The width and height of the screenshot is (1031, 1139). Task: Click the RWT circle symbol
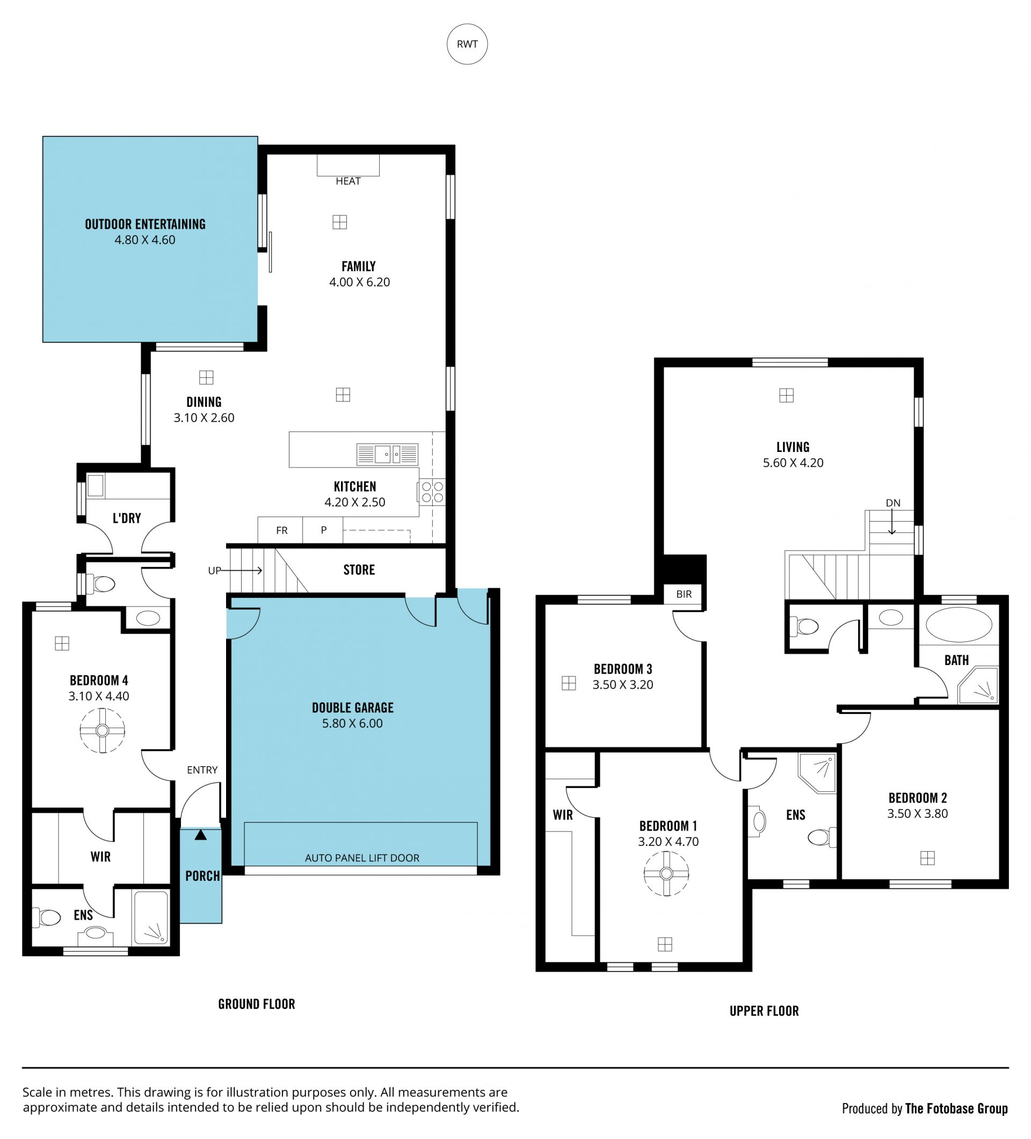click(x=467, y=44)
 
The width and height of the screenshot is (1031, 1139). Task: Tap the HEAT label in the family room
click(x=347, y=181)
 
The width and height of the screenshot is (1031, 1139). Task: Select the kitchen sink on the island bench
click(x=387, y=454)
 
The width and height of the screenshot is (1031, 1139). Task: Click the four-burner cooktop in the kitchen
click(x=432, y=492)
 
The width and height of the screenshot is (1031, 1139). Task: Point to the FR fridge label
click(x=281, y=530)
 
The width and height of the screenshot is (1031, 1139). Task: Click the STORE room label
click(x=359, y=569)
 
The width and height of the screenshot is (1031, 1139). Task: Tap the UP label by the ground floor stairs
click(x=214, y=571)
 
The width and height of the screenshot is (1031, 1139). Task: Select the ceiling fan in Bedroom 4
click(x=103, y=731)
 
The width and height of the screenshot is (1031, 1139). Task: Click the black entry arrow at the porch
click(x=201, y=835)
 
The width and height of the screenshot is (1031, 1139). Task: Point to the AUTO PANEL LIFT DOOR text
click(x=362, y=858)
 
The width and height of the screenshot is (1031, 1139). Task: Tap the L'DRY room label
click(x=127, y=518)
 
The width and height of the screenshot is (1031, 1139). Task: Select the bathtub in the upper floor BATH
click(x=959, y=624)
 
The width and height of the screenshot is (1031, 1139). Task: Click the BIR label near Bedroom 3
click(x=684, y=594)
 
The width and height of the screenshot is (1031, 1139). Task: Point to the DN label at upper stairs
click(x=893, y=503)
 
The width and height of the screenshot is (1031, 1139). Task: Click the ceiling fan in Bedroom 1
click(x=666, y=873)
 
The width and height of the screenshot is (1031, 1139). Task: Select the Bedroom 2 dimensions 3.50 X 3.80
click(x=917, y=814)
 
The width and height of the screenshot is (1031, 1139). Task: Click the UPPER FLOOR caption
click(x=764, y=1011)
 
